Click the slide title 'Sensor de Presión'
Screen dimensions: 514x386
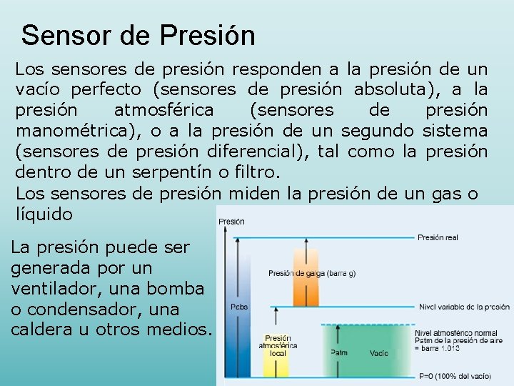138,35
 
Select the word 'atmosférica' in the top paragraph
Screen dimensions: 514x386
163,110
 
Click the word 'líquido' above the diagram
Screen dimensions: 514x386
44,213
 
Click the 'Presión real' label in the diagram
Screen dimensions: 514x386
438,237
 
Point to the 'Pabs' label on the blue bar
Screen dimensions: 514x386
239,307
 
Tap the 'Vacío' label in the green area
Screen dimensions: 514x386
378,353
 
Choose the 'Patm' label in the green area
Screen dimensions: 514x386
339,352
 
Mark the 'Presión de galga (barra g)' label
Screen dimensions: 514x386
312,273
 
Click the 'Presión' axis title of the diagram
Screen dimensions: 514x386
231,222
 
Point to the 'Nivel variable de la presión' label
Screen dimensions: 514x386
464,307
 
